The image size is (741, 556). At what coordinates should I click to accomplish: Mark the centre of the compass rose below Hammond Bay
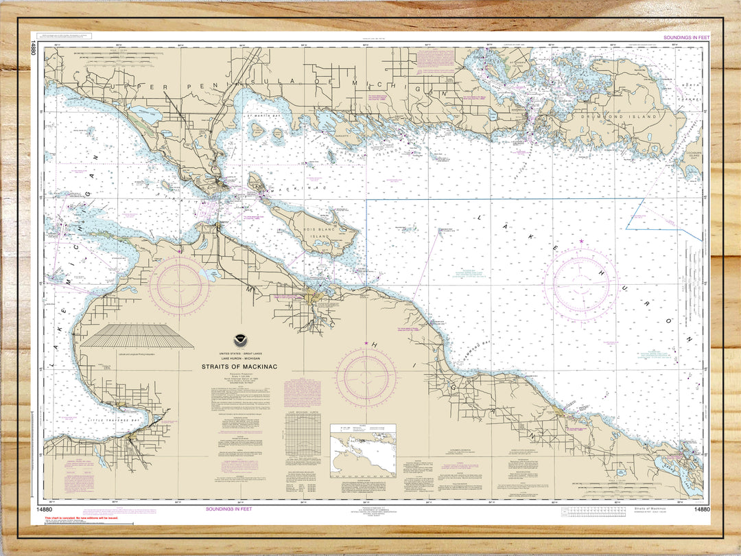366,378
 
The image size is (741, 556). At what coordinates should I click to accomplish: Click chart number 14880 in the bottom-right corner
701,509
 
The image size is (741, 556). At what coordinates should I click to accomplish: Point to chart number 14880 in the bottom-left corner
40,509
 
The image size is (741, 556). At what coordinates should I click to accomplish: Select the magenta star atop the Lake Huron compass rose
581,241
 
